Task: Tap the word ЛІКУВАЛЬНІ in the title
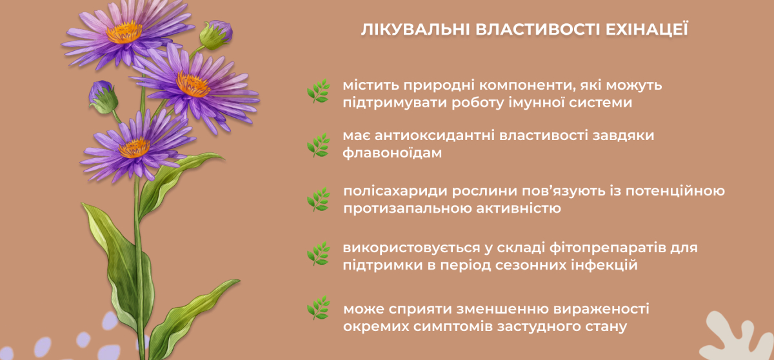click(415, 30)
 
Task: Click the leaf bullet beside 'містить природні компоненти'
click(318, 91)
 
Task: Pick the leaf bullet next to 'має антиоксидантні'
click(318, 145)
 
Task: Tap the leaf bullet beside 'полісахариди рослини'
click(318, 199)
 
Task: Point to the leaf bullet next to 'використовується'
click(318, 254)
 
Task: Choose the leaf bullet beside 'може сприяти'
click(318, 308)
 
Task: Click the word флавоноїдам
click(392, 153)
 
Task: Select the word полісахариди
click(395, 192)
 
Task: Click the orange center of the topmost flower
click(124, 32)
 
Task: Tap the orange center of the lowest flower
click(134, 148)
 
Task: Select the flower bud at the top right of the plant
click(216, 34)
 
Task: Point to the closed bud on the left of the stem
click(103, 97)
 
